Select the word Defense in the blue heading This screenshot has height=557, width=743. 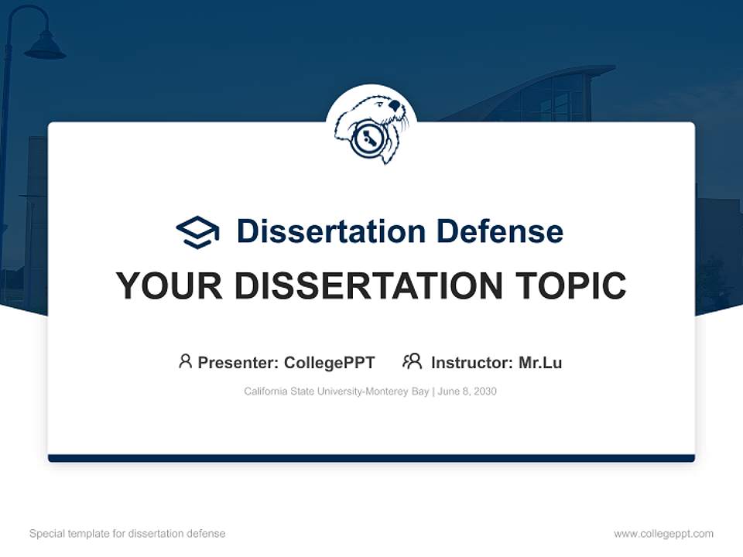tap(499, 231)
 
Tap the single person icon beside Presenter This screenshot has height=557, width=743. tap(185, 361)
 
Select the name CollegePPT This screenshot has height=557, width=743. tap(330, 363)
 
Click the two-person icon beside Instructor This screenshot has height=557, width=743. tap(413, 361)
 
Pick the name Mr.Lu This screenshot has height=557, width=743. tap(540, 363)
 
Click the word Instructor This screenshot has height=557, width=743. tap(471, 363)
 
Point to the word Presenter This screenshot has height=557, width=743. tap(238, 363)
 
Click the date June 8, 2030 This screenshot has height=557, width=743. tap(467, 391)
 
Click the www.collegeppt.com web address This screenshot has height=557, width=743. tap(663, 534)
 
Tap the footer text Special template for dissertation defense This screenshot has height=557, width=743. tap(128, 534)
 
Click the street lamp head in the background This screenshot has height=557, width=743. tap(45, 48)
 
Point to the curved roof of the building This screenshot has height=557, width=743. tap(534, 81)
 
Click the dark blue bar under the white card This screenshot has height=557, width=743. tap(371, 458)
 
